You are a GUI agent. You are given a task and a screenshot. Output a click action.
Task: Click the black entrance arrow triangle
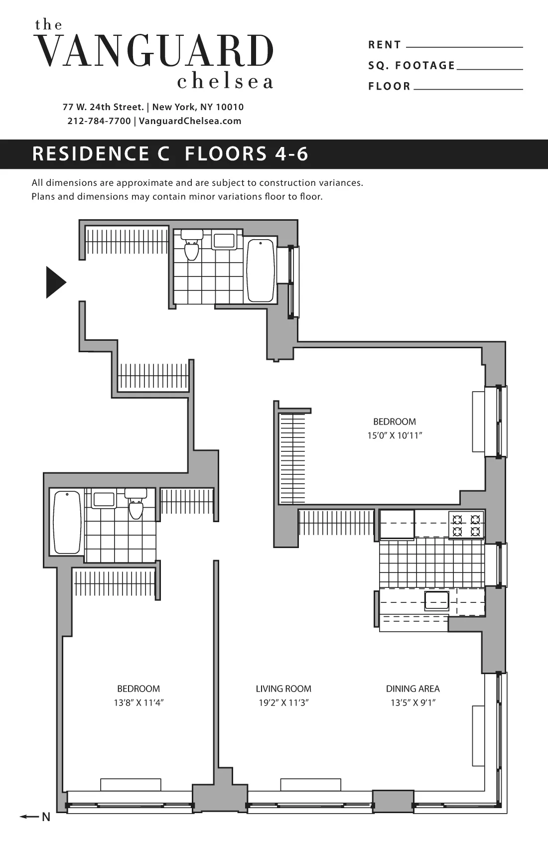(x=55, y=282)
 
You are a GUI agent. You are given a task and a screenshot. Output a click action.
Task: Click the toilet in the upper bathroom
(x=192, y=246)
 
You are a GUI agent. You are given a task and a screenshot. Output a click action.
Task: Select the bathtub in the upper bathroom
(x=261, y=271)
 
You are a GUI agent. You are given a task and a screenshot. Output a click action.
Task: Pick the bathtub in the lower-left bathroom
(x=67, y=522)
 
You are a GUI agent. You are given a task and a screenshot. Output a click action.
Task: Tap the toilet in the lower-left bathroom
(x=136, y=505)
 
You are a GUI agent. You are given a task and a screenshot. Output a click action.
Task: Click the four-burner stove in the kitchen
(x=467, y=525)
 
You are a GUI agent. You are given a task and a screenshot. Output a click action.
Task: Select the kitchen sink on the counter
(x=436, y=601)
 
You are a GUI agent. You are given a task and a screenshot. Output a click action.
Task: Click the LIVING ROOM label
(x=283, y=689)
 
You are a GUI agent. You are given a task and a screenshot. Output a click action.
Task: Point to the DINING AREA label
(x=412, y=689)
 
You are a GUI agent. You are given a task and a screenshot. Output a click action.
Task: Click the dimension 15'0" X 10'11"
(x=395, y=435)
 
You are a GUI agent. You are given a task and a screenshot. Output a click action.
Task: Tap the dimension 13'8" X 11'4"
(x=138, y=703)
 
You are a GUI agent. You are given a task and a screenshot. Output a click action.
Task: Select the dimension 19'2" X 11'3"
(x=283, y=703)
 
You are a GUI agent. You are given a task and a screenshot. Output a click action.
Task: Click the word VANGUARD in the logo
(x=155, y=51)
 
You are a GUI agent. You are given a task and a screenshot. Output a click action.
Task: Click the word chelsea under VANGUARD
(x=225, y=82)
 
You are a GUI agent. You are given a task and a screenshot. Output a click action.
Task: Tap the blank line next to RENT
(x=464, y=46)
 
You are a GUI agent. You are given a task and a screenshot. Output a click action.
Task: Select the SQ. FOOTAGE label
(x=411, y=66)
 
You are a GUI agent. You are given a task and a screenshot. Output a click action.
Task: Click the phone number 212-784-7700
(x=99, y=121)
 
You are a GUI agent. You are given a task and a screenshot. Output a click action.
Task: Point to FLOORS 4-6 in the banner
(x=247, y=154)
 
